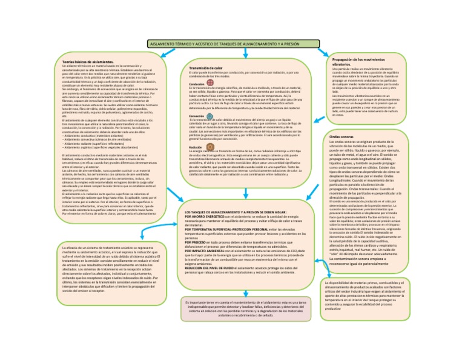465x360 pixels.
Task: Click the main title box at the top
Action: [232, 45]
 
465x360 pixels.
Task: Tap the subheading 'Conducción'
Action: [197, 84]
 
